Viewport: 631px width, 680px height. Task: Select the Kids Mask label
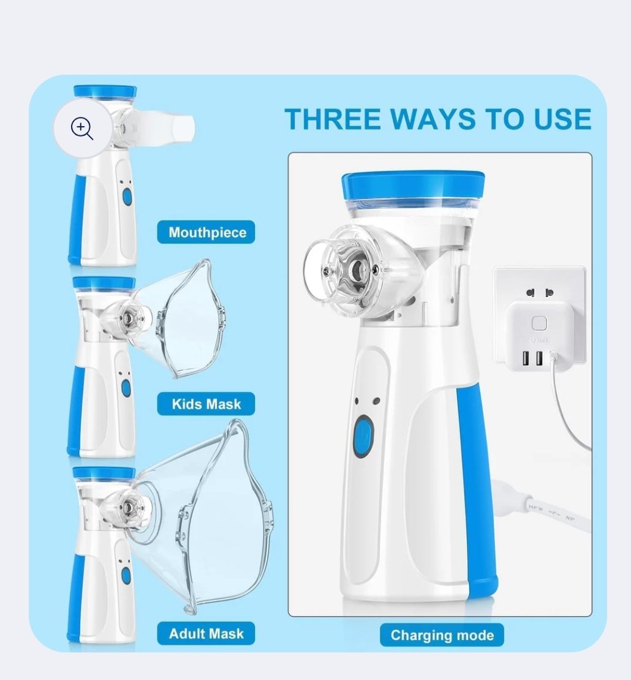[206, 404]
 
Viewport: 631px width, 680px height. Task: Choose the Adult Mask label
[206, 633]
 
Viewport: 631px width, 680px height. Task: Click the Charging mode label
[442, 635]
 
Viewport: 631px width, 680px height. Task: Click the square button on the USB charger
[539, 323]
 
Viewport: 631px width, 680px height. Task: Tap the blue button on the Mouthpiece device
[127, 197]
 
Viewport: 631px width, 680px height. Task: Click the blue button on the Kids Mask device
[126, 388]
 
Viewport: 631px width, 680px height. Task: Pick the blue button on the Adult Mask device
[126, 576]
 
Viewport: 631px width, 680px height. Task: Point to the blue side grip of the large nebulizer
[476, 486]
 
